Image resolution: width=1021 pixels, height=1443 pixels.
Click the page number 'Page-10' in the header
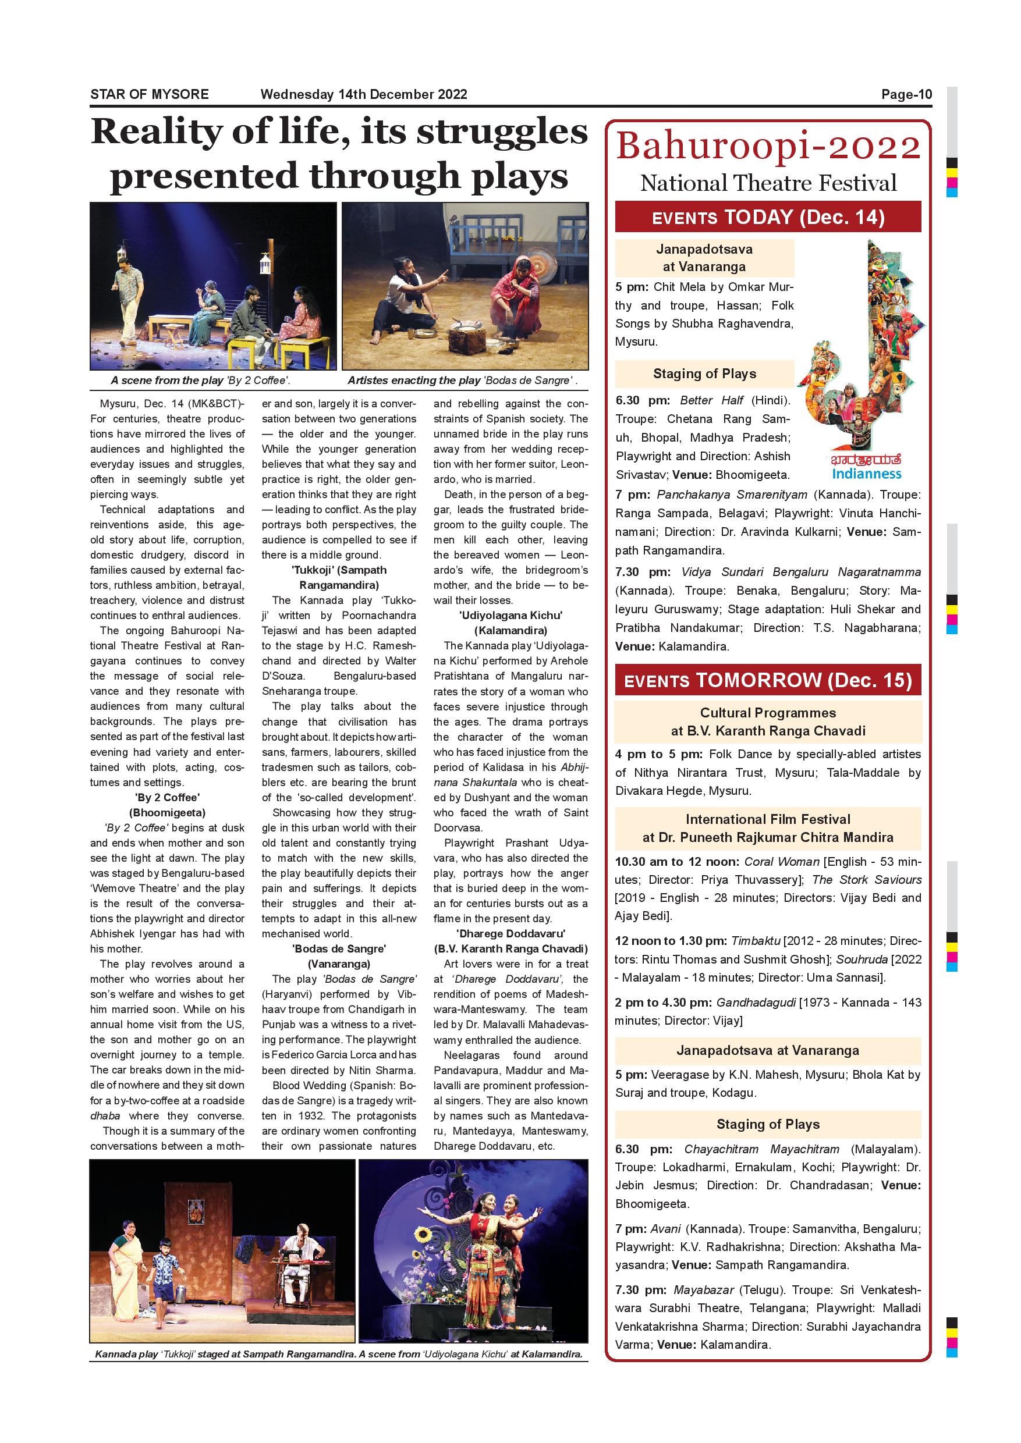tap(906, 95)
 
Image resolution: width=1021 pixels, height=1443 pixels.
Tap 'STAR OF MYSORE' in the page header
tap(149, 95)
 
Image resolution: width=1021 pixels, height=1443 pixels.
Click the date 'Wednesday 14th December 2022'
tap(363, 95)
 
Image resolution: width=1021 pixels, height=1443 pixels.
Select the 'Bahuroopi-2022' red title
tap(768, 147)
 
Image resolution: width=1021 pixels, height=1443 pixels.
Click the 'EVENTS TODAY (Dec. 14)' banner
tap(768, 218)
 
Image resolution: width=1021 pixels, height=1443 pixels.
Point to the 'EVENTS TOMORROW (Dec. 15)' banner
tap(768, 680)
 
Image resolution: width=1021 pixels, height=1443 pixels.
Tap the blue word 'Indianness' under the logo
tap(866, 474)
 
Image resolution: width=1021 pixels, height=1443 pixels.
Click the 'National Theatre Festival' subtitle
tap(768, 183)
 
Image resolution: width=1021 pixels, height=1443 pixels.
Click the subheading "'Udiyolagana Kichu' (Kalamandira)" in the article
tap(510, 623)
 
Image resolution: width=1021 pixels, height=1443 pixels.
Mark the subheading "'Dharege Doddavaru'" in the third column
tap(510, 933)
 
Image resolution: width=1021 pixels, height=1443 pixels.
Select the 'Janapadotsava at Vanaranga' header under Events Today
tap(704, 258)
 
